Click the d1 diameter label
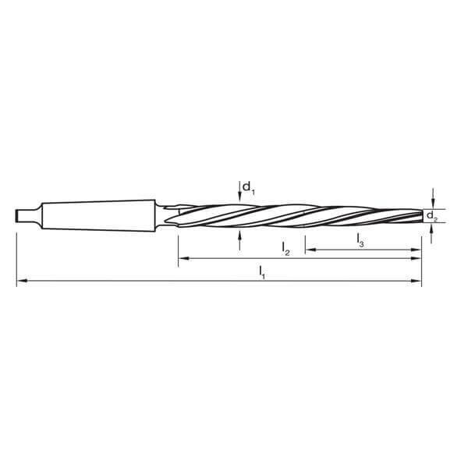(247, 187)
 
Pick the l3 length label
(360, 239)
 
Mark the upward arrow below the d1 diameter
(239, 236)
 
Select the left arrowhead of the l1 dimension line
(21, 281)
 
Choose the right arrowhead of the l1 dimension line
(417, 281)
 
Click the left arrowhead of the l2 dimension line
(183, 258)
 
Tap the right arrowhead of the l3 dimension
(417, 250)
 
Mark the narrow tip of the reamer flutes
(417, 214)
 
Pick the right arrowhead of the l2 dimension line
(417, 258)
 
